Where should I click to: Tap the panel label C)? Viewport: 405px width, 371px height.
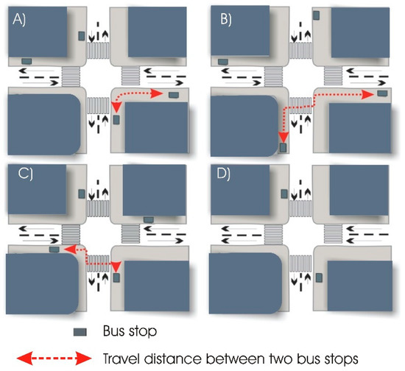[x=18, y=176]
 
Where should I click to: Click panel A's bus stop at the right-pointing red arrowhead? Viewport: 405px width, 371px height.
[x=174, y=94]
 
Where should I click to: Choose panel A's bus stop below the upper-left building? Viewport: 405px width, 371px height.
[x=27, y=61]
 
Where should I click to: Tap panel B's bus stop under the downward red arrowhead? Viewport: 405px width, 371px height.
[x=283, y=149]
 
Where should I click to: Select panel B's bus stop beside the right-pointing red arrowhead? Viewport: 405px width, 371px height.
[x=381, y=94]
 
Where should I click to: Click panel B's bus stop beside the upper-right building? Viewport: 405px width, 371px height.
[x=316, y=15]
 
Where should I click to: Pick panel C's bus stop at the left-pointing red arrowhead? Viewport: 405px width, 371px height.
[x=54, y=250]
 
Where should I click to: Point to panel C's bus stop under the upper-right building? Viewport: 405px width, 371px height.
[x=148, y=219]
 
